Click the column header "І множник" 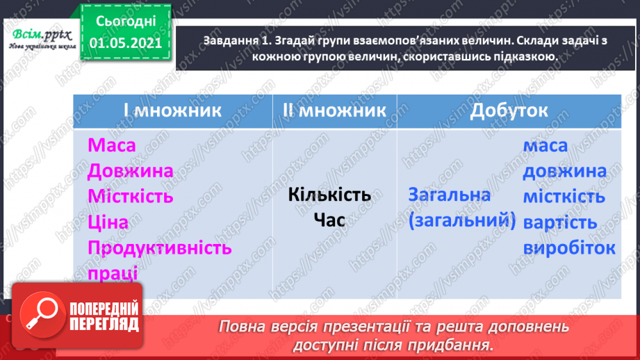coord(172,111)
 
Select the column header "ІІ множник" coord(334,111)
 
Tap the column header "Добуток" coord(509,111)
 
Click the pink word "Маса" coord(111,145)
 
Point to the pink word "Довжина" coord(130,171)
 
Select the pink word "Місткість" coord(130,196)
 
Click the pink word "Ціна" coord(108,222)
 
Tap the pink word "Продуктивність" coord(160,248)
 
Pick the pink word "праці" coord(113,273)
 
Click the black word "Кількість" coord(329,195)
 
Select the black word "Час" coord(329,220)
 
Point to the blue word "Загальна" coord(450,195)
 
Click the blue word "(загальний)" coord(462,221)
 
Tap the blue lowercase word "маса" coord(545,146)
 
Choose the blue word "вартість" coord(560,223)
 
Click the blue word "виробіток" coord(569,248)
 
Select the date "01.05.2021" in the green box coord(126,43)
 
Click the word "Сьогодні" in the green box coord(126,22)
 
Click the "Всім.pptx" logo coord(42,39)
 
